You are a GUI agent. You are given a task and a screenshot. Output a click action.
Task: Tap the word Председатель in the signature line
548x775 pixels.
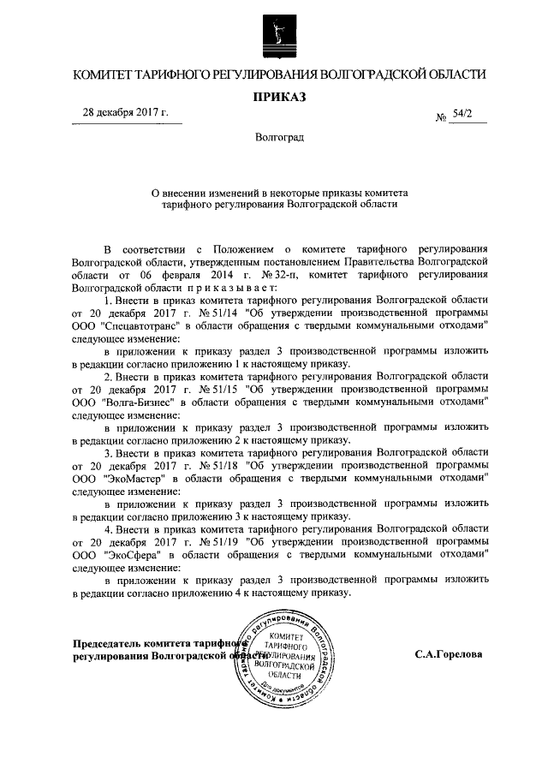[114, 643]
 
